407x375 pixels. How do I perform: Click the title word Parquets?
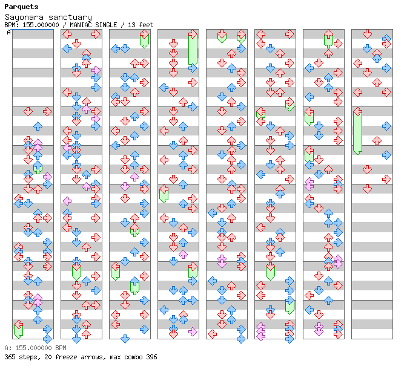click(x=21, y=7)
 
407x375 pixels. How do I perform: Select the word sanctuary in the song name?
click(x=69, y=18)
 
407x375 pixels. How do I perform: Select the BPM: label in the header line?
click(x=12, y=25)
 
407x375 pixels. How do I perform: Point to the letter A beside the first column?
click(x=9, y=33)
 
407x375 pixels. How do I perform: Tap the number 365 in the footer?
click(x=10, y=357)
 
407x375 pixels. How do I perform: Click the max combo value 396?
click(x=150, y=357)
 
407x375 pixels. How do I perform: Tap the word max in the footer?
click(x=109, y=357)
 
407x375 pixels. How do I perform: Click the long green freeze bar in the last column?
click(x=357, y=131)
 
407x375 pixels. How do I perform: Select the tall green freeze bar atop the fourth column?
click(x=193, y=50)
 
